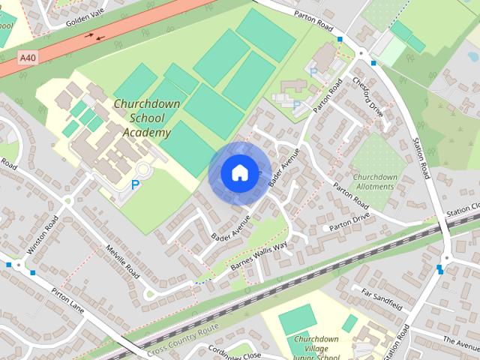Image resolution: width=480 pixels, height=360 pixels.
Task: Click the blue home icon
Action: (238, 173)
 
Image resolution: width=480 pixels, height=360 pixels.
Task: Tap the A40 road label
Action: (28, 57)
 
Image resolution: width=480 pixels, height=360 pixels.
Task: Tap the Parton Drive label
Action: (351, 220)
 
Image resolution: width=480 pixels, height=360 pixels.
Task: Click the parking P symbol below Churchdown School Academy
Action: (135, 184)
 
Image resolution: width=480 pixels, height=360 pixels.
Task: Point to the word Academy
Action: (147, 133)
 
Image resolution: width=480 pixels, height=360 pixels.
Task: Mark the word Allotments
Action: (375, 187)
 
